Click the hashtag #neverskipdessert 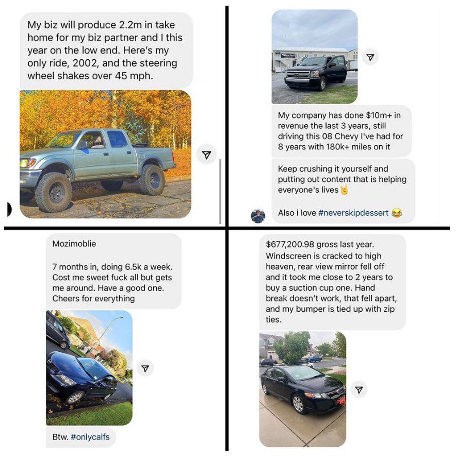353,213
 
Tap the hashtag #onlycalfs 90,437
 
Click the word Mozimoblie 74,244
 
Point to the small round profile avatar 258,216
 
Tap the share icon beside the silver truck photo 206,155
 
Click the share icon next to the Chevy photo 370,57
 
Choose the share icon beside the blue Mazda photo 145,368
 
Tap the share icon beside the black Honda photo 359,390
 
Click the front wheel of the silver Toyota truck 54,192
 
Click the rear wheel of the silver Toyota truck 152,180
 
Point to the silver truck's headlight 28,162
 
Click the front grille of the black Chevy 296,75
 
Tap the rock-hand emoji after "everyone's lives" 345,190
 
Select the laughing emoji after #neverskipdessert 397,212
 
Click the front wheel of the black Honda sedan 298,404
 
